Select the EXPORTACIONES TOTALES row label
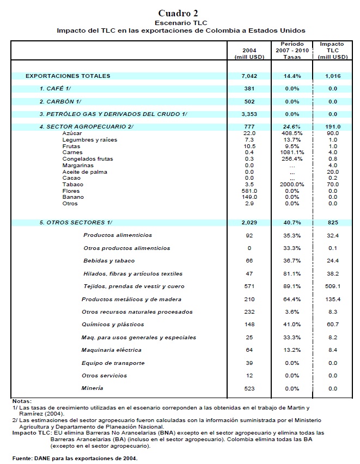point(68,76)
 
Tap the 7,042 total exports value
point(248,76)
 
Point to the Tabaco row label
point(71,185)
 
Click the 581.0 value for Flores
point(248,191)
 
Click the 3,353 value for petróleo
point(248,114)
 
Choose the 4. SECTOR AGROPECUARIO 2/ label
point(86,127)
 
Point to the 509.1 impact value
point(332,286)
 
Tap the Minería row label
point(93,388)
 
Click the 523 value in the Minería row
point(248,388)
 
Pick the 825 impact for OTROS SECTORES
point(332,223)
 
